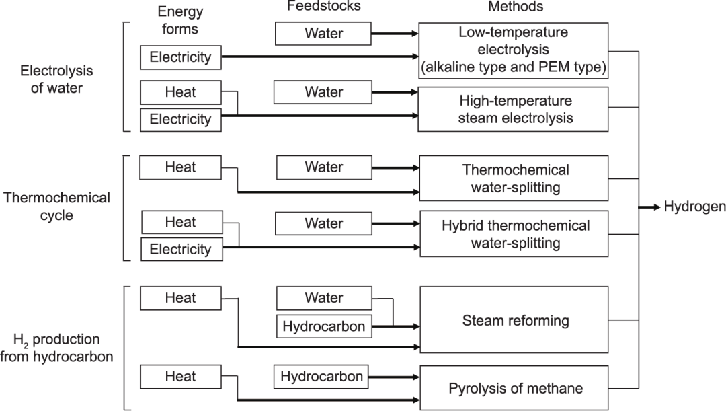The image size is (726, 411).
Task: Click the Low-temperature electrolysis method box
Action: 513,49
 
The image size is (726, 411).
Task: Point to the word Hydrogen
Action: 694,207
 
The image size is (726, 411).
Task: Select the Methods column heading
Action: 516,7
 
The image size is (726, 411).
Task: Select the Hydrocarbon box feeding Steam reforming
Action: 324,327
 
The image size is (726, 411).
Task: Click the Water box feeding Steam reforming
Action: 324,298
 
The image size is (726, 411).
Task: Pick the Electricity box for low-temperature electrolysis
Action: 180,57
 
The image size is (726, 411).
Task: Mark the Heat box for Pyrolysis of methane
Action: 180,377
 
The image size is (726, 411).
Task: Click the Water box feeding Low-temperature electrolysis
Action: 323,32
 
